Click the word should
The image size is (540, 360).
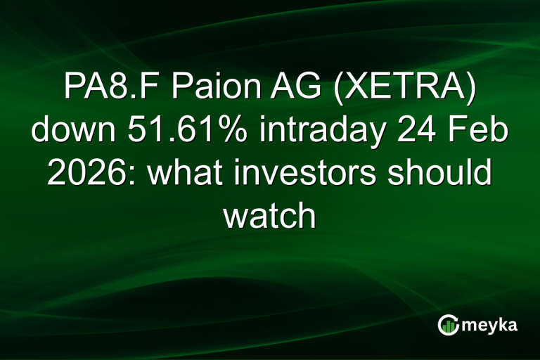tap(442, 173)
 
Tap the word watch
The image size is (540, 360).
tap(269, 216)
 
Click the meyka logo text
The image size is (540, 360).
tap(487, 324)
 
